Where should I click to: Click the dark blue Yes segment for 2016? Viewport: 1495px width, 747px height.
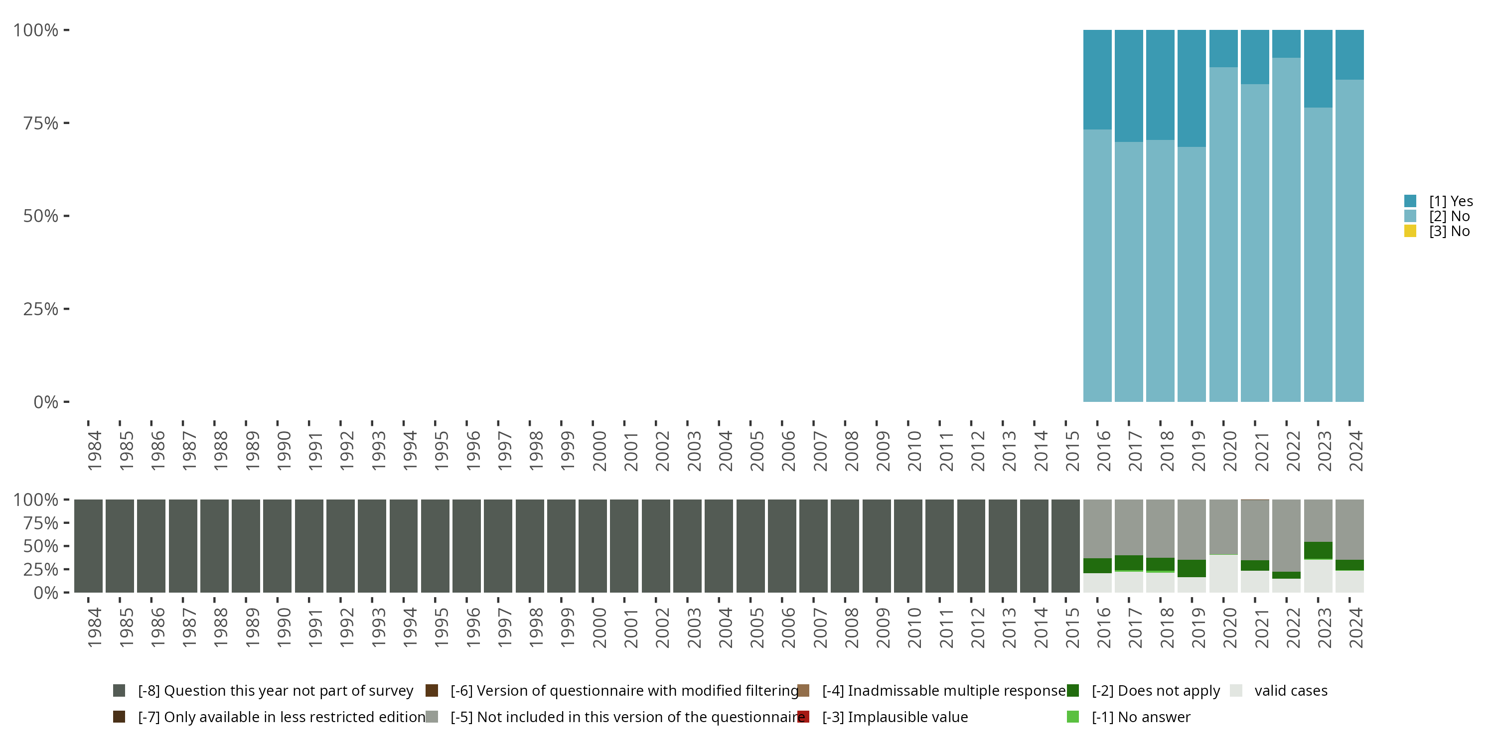point(1097,80)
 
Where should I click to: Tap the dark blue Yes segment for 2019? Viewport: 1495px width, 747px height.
point(1192,88)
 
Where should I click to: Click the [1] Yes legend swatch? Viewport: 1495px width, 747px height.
point(1410,201)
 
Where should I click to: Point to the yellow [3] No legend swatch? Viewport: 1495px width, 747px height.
point(1410,232)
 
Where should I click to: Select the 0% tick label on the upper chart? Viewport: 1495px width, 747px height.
point(46,402)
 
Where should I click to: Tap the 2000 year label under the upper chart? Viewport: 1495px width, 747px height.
point(599,451)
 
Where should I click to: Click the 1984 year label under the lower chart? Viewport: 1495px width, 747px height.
point(95,627)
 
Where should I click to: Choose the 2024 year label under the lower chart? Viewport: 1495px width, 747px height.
point(1355,627)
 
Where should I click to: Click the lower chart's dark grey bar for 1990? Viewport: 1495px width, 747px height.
point(277,546)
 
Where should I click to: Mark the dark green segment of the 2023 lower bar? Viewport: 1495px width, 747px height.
point(1318,550)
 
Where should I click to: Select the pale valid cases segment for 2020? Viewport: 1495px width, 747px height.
point(1223,574)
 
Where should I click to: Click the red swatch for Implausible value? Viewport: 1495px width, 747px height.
point(803,717)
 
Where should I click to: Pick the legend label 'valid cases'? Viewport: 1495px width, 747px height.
point(1291,691)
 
